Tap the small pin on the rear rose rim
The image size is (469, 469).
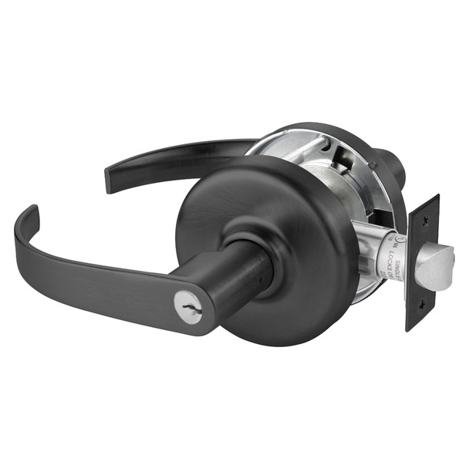coord(373,164)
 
